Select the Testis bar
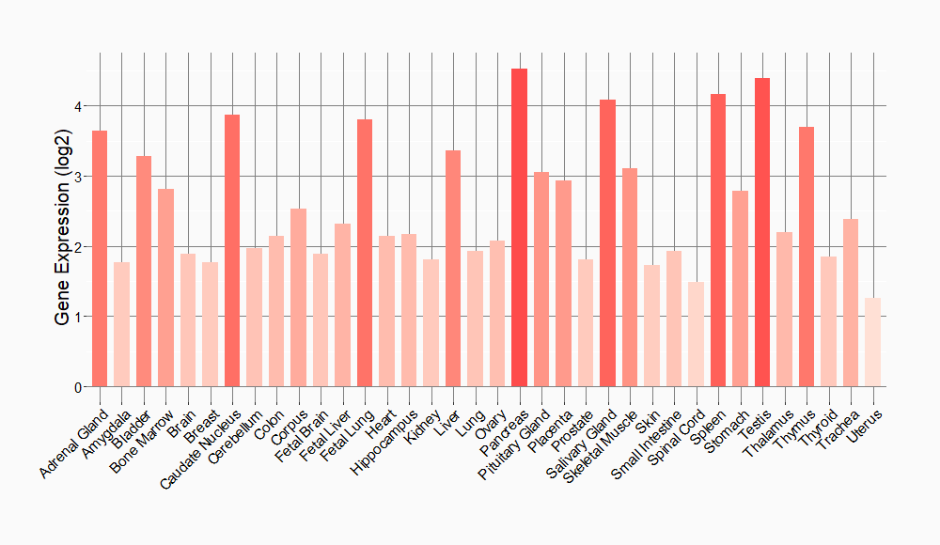762,232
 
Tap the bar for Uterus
872,342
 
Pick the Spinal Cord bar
696,335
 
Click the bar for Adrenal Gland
100,258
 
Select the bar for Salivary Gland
607,243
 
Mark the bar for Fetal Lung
365,253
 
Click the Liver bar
453,269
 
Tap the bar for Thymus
807,257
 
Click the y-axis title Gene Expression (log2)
62,246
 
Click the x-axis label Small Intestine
648,447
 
